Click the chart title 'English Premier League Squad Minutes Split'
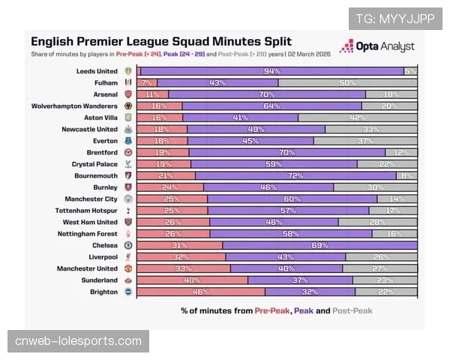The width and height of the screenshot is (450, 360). point(161,42)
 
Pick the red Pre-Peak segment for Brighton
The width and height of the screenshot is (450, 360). point(200,292)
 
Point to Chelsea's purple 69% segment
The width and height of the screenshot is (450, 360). point(319,245)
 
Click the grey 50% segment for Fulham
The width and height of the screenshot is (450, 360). point(347,82)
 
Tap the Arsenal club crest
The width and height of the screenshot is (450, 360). point(128,94)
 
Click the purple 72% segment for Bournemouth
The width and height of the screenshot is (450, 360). point(295,175)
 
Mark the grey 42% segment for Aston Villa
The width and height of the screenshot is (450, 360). point(358,118)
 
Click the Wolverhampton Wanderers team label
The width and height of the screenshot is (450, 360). point(74,106)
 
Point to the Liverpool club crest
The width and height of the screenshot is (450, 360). point(128,256)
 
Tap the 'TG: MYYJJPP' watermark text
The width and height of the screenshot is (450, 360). point(395,19)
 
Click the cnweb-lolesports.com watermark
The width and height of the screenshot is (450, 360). point(78,342)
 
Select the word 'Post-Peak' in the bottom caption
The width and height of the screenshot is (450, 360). point(352,310)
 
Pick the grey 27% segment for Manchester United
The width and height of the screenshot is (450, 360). point(379,268)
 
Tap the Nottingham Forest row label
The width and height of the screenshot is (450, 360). point(86,233)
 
